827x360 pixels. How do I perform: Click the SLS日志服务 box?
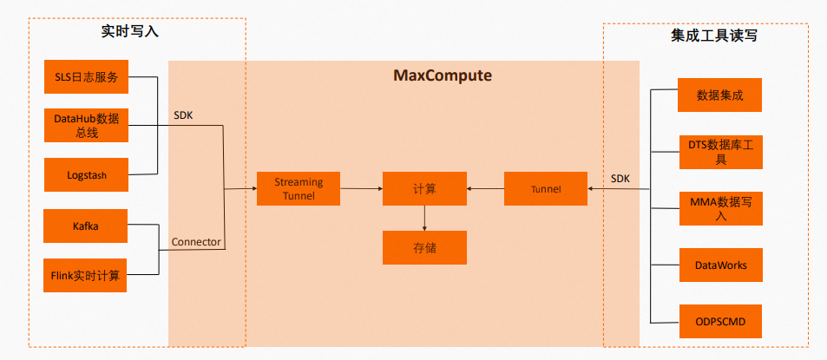click(86, 77)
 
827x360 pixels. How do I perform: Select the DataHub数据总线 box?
click(86, 126)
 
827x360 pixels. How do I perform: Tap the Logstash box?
click(86, 174)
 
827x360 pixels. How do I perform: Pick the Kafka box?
click(86, 226)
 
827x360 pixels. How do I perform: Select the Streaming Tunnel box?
click(299, 188)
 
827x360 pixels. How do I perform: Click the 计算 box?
click(424, 188)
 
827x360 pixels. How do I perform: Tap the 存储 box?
click(424, 247)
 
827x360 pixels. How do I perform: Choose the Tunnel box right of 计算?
click(545, 188)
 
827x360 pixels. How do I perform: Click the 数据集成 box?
click(719, 95)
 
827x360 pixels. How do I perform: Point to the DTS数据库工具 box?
click(719, 152)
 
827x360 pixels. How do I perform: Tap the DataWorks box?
click(719, 265)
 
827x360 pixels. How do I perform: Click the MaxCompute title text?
click(443, 75)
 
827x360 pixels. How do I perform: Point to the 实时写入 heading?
click(130, 32)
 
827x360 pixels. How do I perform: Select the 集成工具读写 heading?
click(704, 36)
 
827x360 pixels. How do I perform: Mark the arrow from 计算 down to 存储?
click(424, 218)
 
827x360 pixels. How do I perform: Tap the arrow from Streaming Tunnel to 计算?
click(361, 188)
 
